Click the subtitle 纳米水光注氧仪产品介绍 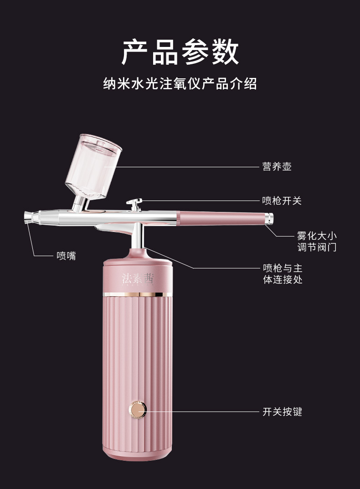(x=180, y=84)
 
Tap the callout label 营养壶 (x=277, y=167)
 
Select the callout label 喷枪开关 (x=282, y=201)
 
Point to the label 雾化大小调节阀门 (x=316, y=242)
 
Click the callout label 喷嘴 (x=66, y=256)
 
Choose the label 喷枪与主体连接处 (x=283, y=273)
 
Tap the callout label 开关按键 (x=282, y=412)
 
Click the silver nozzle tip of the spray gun (x=28, y=217)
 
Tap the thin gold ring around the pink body (x=138, y=294)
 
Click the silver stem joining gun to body (x=138, y=237)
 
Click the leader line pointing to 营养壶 (x=187, y=167)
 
